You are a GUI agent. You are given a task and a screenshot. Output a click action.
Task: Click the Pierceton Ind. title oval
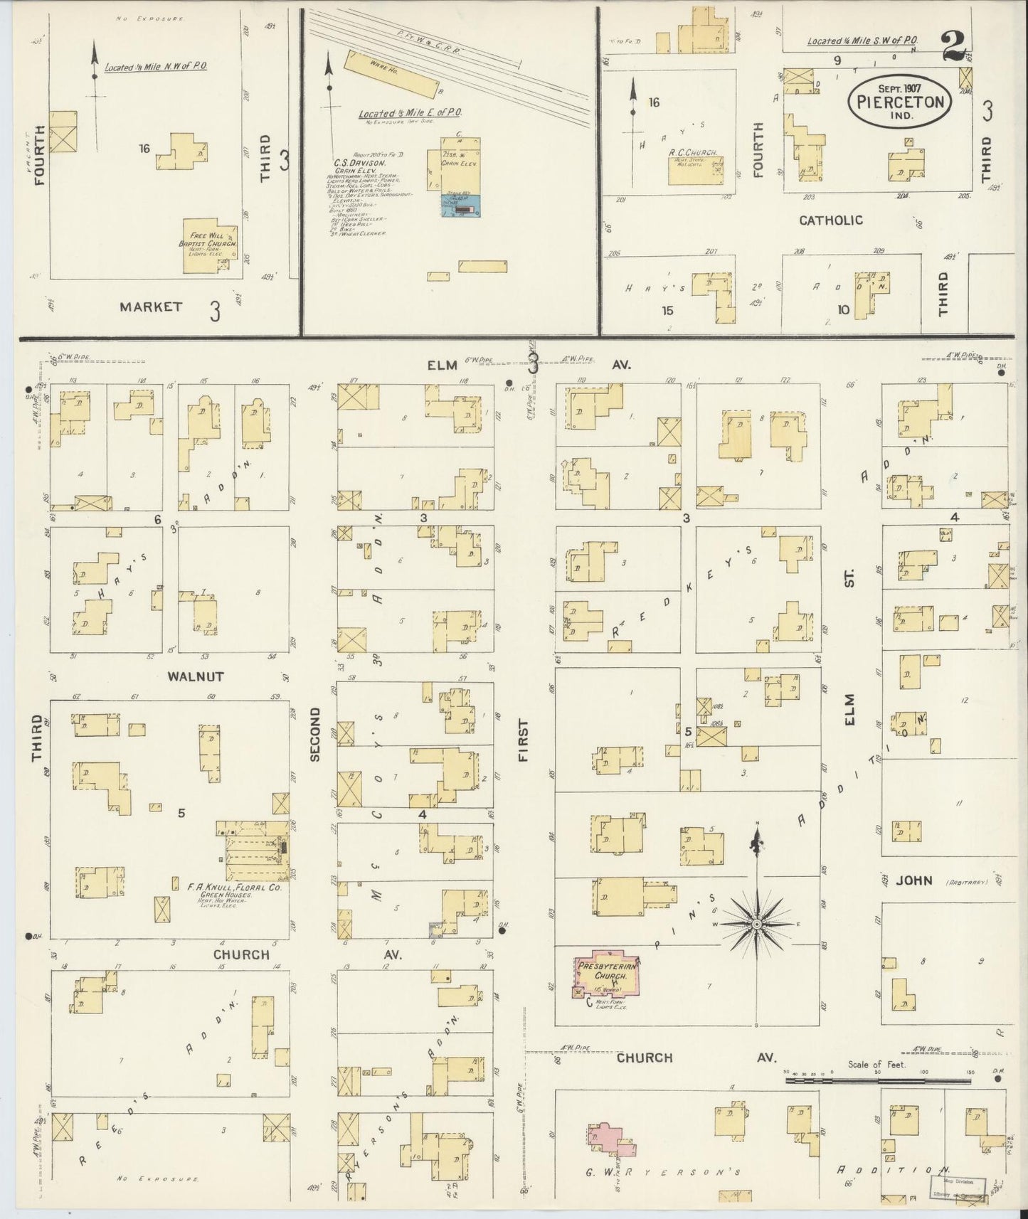(899, 102)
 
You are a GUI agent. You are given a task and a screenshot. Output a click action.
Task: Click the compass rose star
(757, 924)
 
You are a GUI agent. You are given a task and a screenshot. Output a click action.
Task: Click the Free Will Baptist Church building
(208, 246)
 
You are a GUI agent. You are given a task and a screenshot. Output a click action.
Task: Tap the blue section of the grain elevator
(460, 207)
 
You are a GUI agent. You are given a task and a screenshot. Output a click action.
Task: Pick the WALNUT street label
(196, 676)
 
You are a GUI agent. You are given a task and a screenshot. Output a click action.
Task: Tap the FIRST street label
(524, 740)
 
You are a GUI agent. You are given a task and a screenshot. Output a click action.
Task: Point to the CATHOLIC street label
(830, 220)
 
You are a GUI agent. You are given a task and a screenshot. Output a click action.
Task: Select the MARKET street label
(151, 307)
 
